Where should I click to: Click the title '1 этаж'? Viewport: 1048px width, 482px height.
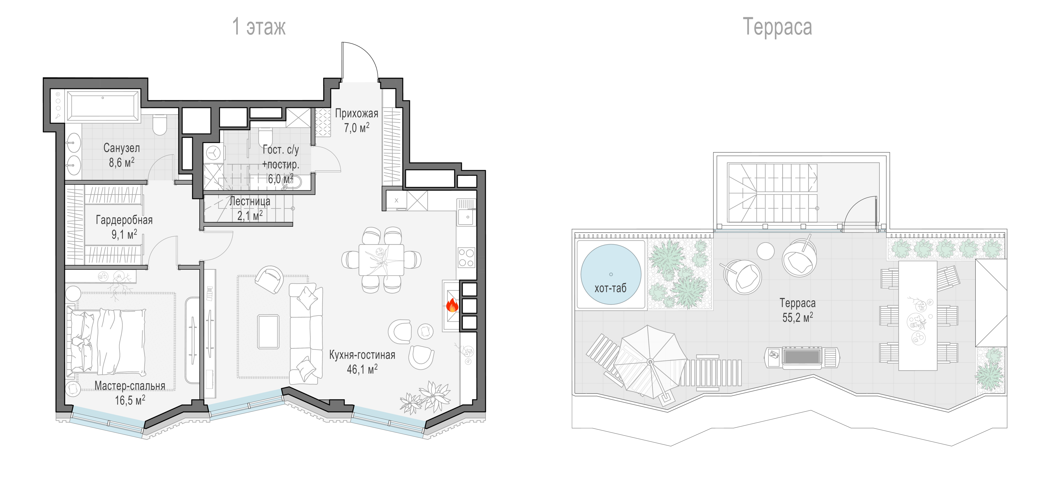click(x=259, y=26)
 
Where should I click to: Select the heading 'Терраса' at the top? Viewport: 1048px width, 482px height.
click(x=777, y=27)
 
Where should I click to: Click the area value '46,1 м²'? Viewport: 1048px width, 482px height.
click(x=362, y=369)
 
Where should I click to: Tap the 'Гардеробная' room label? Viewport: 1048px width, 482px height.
click(x=124, y=220)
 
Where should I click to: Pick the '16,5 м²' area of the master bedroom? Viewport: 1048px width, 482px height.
click(x=130, y=400)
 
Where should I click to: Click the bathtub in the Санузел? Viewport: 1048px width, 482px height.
click(x=103, y=106)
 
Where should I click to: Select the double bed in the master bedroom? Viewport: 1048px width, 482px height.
click(x=107, y=341)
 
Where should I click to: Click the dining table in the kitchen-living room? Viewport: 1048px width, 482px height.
click(x=381, y=260)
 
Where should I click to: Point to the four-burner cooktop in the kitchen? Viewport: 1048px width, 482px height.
click(x=466, y=258)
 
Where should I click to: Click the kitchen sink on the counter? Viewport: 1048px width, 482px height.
click(x=466, y=217)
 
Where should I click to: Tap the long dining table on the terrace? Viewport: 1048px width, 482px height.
click(x=918, y=315)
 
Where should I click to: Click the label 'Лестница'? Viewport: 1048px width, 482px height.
click(x=250, y=201)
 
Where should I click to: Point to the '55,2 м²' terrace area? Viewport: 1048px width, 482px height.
click(x=797, y=317)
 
